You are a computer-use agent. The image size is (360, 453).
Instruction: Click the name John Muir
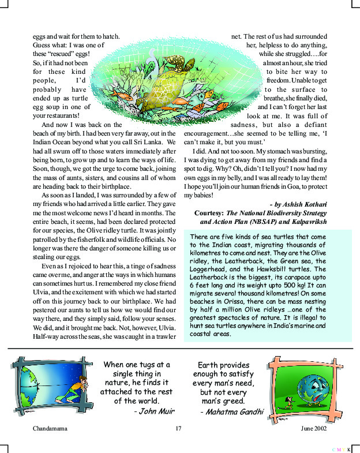coord(154,411)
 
